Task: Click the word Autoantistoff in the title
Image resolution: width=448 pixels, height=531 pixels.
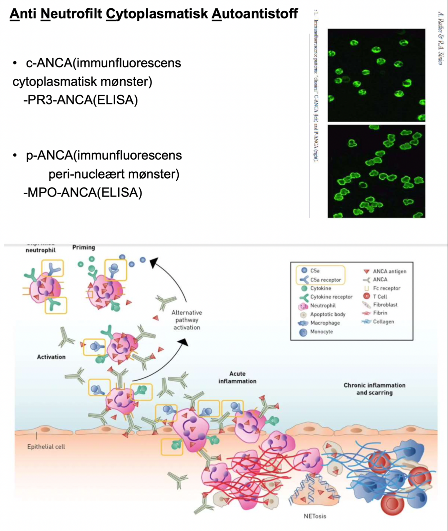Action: (255, 14)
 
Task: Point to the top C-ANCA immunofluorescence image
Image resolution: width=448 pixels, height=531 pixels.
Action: (376, 75)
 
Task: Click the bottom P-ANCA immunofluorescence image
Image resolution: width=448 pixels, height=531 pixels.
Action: (376, 171)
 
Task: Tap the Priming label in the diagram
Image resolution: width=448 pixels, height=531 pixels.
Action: (84, 248)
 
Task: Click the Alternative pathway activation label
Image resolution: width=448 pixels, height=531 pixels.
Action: (187, 320)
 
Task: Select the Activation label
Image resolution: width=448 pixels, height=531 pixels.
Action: (51, 357)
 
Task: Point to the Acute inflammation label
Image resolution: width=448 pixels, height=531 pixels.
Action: (237, 377)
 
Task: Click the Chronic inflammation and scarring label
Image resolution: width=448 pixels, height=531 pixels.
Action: (374, 389)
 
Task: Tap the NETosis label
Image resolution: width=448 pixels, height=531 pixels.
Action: (315, 516)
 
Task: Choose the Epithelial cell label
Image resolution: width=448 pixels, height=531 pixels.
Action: (46, 446)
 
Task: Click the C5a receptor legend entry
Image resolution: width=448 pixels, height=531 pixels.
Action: (325, 280)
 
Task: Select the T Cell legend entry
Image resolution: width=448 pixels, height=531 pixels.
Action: (380, 297)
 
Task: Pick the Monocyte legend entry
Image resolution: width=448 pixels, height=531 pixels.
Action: (321, 331)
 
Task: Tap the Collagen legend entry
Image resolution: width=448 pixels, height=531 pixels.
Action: (383, 321)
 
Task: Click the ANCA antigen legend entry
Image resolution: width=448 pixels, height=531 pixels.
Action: (389, 271)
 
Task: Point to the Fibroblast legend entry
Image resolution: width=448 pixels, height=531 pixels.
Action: (385, 305)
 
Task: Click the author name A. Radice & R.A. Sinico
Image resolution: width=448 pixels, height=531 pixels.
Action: (440, 38)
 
